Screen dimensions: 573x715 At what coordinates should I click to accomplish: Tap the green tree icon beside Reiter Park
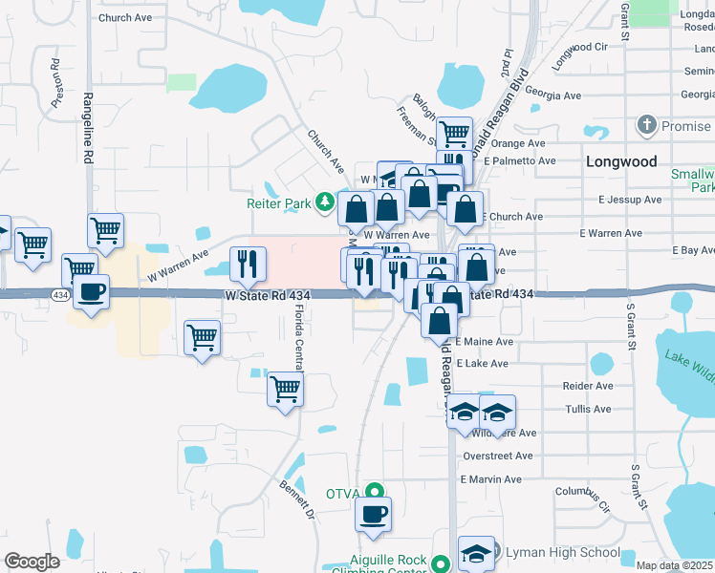(x=325, y=202)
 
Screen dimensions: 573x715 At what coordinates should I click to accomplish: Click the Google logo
(x=32, y=562)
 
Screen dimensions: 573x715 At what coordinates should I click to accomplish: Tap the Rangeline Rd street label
(x=88, y=111)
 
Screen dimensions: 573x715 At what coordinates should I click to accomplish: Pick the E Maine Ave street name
(x=485, y=341)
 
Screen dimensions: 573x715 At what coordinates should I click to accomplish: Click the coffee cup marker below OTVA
(x=373, y=514)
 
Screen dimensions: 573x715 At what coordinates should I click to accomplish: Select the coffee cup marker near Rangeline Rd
(x=91, y=292)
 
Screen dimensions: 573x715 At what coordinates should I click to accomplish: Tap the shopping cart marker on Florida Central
(x=285, y=389)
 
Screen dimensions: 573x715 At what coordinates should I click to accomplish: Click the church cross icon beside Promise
(x=647, y=125)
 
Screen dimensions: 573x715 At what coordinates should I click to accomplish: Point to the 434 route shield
(x=60, y=296)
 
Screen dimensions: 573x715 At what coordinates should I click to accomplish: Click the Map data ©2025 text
(x=674, y=565)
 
